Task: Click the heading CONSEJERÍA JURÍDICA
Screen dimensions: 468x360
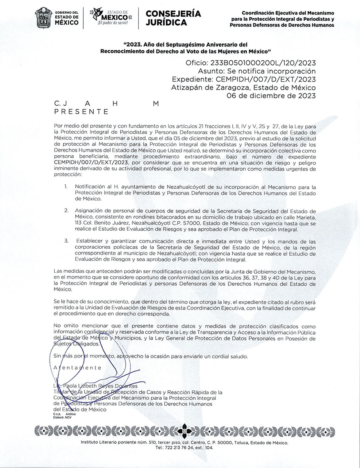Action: click(173, 18)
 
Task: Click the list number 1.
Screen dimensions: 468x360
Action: click(66, 187)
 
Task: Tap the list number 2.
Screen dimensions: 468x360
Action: click(67, 210)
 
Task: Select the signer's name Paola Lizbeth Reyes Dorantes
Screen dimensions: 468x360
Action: click(96, 386)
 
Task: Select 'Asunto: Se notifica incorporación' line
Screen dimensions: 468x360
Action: click(257, 71)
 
